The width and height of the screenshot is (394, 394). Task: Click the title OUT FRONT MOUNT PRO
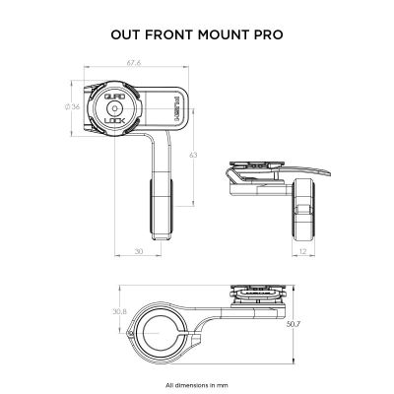[x=197, y=33]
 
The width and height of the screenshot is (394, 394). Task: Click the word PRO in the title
[x=267, y=33]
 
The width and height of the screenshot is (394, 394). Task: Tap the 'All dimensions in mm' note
[x=196, y=383]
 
